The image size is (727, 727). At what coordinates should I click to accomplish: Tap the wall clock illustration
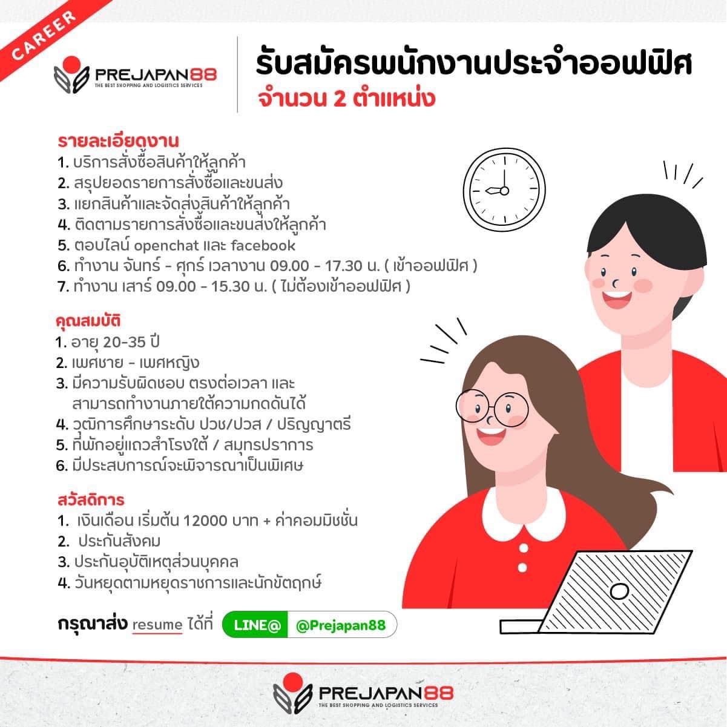click(504, 189)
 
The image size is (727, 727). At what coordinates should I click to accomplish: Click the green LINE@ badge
click(255, 625)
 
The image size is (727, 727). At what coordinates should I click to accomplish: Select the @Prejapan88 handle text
click(341, 625)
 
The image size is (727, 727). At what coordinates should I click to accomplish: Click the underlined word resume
click(157, 625)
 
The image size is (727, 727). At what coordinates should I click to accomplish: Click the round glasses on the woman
click(492, 408)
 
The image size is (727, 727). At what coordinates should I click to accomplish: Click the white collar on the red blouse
click(524, 513)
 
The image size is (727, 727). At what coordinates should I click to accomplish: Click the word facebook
click(263, 246)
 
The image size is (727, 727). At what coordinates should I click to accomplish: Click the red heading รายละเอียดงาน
click(118, 141)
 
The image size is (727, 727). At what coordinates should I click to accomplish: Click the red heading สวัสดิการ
click(91, 500)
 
